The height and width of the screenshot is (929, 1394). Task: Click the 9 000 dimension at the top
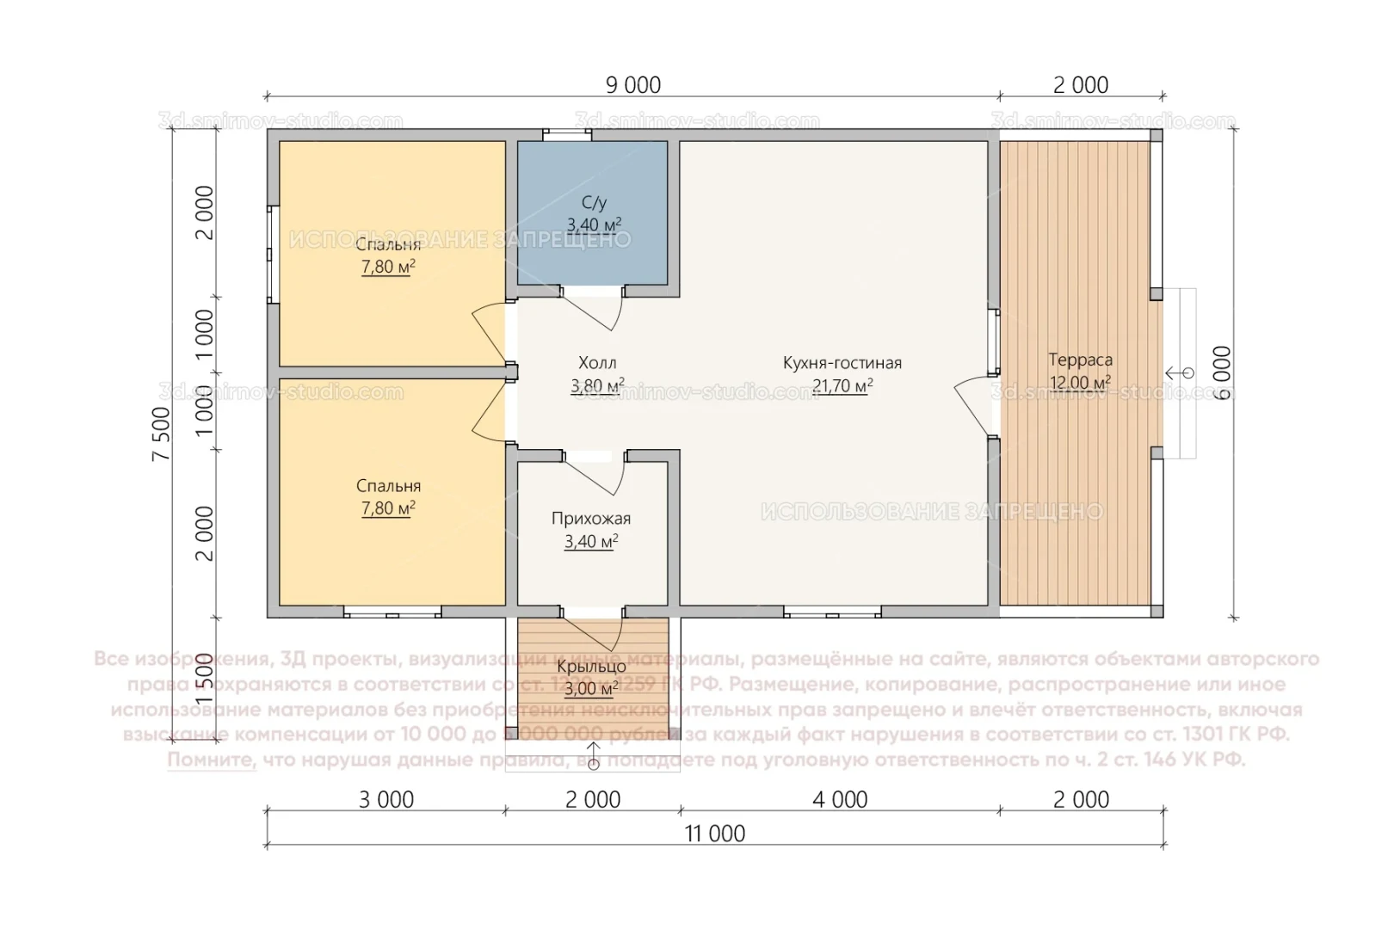pos(633,85)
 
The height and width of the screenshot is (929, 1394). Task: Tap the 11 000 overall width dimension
pos(715,834)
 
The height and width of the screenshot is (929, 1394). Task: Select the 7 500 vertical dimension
pos(163,434)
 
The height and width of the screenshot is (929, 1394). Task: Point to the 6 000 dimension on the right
pos(1222,373)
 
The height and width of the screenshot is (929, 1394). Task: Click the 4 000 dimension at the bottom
pos(840,799)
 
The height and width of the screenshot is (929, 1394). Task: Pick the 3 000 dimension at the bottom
pos(386,799)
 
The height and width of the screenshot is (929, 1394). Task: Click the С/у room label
pos(594,203)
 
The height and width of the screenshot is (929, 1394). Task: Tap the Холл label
pos(597,363)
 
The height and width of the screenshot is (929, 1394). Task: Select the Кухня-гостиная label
pos(842,363)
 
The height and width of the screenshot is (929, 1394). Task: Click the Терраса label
pos(1080,360)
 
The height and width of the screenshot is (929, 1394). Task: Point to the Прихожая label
pos(591,519)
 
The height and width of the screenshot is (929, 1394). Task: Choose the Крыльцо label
pos(591,667)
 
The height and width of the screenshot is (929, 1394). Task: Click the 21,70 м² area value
pos(842,386)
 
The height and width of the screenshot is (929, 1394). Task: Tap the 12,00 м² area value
pos(1080,383)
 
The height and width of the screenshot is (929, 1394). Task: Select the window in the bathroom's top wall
pos(567,134)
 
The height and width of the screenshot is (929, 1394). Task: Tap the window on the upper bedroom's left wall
pos(272,253)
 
